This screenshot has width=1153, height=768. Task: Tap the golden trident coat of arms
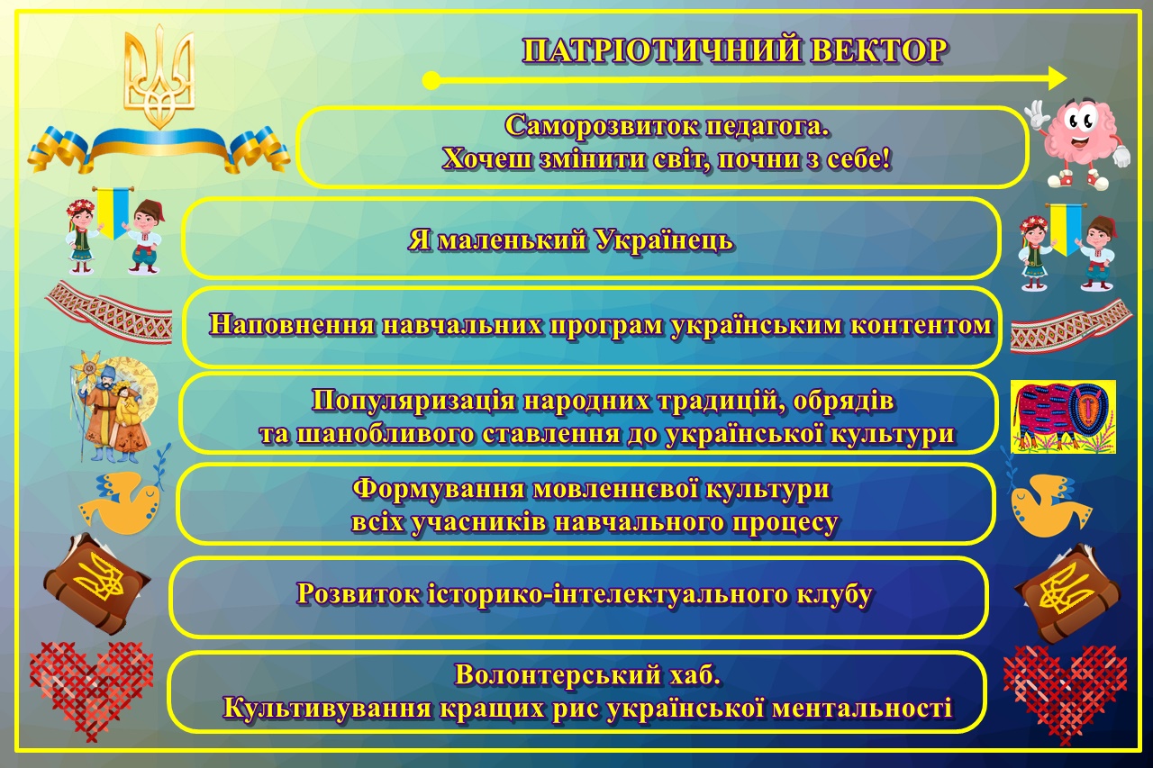pyautogui.click(x=159, y=76)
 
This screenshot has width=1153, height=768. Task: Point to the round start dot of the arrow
pyautogui.click(x=431, y=81)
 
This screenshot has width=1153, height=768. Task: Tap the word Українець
pyautogui.click(x=665, y=240)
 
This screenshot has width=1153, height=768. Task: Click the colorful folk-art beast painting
pyautogui.click(x=1064, y=417)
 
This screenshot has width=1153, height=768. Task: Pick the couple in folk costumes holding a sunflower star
pyautogui.click(x=113, y=406)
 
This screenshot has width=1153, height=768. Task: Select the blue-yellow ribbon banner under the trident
pyautogui.click(x=159, y=148)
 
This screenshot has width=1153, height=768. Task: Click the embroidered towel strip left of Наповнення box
pyautogui.click(x=109, y=312)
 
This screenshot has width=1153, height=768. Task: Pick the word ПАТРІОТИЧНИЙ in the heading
pyautogui.click(x=662, y=51)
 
